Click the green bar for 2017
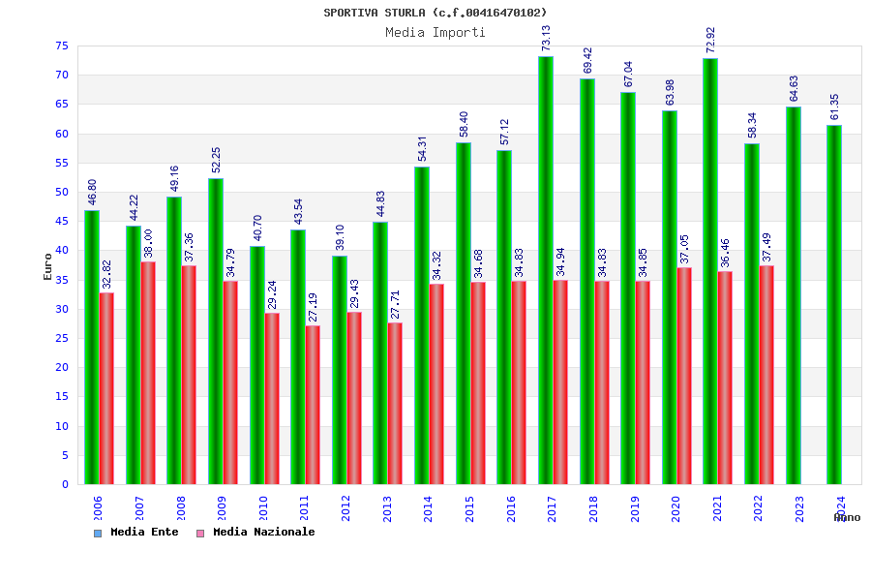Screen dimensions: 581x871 [546, 270]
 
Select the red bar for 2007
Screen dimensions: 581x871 [148, 373]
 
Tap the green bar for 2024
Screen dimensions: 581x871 [834, 304]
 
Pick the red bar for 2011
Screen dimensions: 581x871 [313, 405]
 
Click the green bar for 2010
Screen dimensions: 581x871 [257, 365]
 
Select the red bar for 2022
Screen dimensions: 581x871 [766, 375]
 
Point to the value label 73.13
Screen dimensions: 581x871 [546, 38]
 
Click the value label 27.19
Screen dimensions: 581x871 [313, 307]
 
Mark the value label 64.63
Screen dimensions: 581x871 [794, 88]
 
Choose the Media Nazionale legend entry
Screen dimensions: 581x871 [256, 532]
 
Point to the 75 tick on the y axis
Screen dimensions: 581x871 [60, 46]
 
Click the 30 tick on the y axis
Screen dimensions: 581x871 [60, 309]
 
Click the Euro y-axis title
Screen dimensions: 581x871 [47, 266]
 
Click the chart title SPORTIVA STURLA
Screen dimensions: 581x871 [435, 13]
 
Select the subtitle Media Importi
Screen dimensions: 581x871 [435, 32]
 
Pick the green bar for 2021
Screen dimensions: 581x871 [710, 271]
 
